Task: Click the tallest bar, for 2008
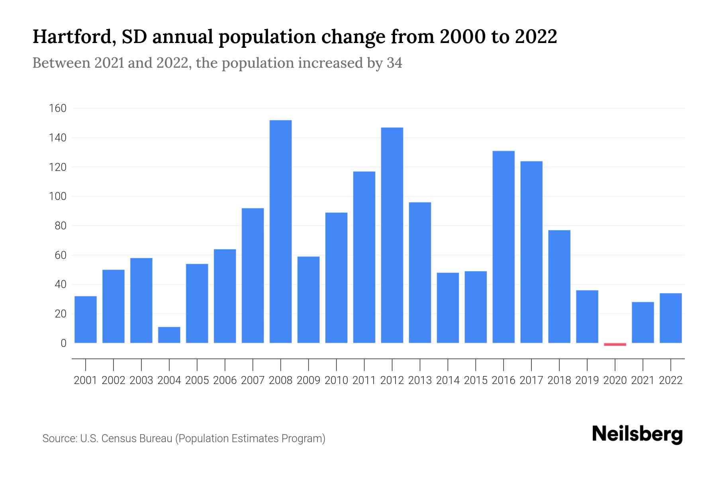pos(280,231)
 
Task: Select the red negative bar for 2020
pos(615,344)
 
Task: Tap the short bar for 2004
pos(169,335)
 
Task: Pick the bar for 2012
pos(392,235)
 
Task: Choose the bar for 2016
pos(503,247)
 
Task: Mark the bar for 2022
pos(671,318)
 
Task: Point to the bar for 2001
pos(86,319)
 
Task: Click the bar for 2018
pos(559,286)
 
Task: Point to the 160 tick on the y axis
pos(58,108)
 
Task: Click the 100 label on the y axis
pos(58,196)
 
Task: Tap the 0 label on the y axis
pos(63,343)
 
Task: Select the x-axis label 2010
pos(336,380)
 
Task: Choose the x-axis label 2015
pos(476,380)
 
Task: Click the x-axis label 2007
pos(253,380)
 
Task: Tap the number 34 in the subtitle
pos(394,63)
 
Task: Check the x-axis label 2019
pos(587,380)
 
